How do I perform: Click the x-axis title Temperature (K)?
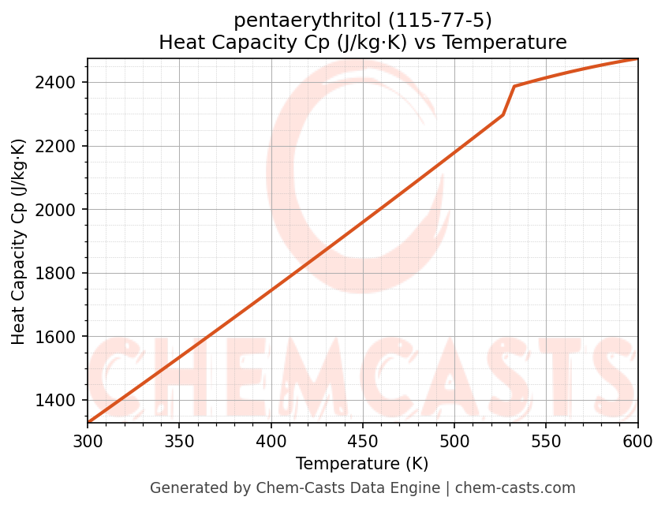[362, 464]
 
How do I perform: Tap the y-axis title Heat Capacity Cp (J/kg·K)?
[19, 241]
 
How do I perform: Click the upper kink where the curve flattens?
[514, 87]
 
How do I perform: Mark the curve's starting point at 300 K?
[88, 422]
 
